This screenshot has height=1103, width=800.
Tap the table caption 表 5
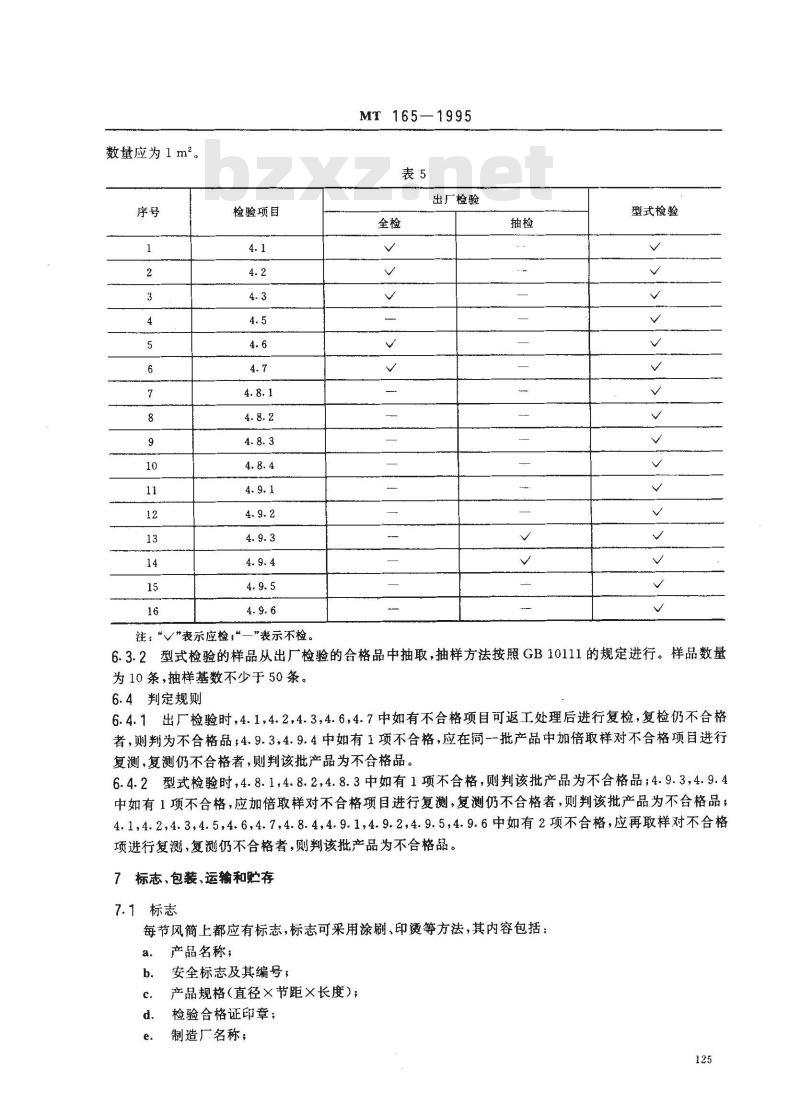coord(413,174)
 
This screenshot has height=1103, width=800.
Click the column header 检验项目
coord(256,211)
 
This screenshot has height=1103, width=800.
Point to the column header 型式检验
coord(655,211)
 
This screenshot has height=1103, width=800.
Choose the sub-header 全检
coord(389,223)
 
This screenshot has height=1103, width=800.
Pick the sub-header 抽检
coord(522,223)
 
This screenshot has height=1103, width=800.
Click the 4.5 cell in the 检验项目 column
coord(256,320)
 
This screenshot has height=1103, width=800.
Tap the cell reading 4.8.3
coord(257,441)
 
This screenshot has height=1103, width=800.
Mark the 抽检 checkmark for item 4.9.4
coord(523,561)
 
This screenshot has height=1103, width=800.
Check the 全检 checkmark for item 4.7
coord(390,368)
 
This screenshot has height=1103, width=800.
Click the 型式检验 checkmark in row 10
coord(657,465)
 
